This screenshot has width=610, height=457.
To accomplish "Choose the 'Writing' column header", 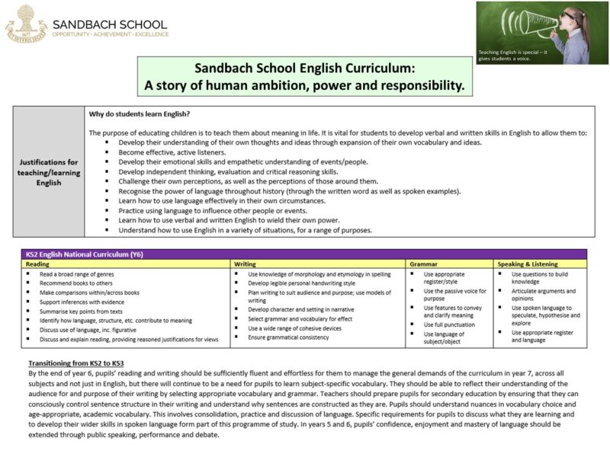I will pyautogui.click(x=245, y=264).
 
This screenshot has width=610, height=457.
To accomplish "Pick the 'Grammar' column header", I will pyautogui.click(x=423, y=264).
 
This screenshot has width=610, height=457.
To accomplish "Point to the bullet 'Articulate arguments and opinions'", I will pyautogui.click(x=543, y=295).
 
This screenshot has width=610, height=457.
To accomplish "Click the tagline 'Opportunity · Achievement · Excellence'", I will pyautogui.click(x=110, y=34).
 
